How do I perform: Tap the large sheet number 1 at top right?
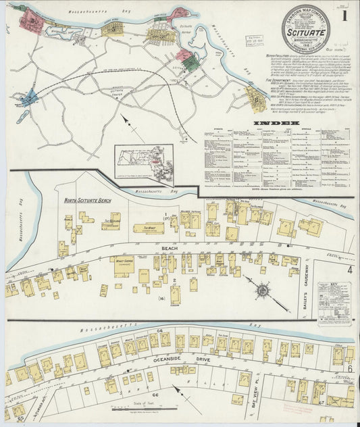coord(346,14)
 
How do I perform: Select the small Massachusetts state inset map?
coord(144,163)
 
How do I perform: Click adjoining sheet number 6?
coord(351,369)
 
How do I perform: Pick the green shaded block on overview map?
coord(191,64)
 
